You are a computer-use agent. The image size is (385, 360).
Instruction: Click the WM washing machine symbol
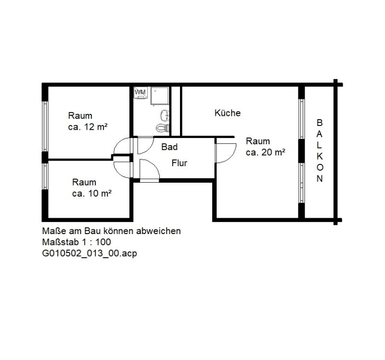(x=141, y=93)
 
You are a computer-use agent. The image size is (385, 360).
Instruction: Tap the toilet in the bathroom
(x=163, y=128)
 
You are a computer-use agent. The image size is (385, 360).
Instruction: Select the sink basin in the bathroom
(x=165, y=115)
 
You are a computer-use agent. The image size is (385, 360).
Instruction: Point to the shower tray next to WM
(x=160, y=96)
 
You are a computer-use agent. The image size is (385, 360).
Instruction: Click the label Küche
(x=227, y=113)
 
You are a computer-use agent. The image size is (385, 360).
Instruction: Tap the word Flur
(x=179, y=163)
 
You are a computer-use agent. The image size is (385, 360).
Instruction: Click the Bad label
(x=169, y=147)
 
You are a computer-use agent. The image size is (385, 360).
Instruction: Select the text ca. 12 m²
(x=88, y=127)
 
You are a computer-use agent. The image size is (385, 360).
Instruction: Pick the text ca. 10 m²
(x=92, y=194)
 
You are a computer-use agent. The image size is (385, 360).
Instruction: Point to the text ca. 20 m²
(x=266, y=152)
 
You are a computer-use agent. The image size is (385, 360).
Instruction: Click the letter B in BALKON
(x=320, y=123)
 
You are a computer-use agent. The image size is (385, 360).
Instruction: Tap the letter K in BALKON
(x=320, y=156)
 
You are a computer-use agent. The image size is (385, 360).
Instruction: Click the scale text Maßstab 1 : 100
(x=77, y=242)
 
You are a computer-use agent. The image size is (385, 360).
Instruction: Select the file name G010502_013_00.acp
(x=90, y=253)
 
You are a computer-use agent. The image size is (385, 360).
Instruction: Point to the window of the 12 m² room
(x=45, y=126)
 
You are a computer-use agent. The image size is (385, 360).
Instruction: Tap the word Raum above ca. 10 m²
(x=84, y=182)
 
